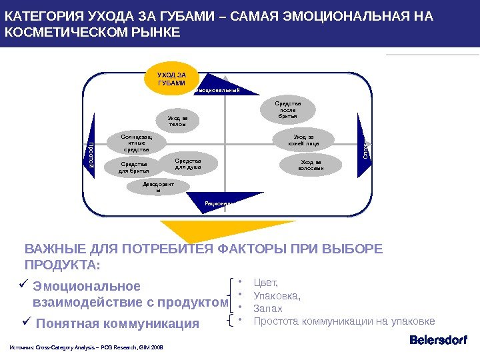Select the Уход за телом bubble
point(178,121)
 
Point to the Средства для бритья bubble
point(135,167)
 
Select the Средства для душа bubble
point(188,163)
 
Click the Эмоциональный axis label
point(217,89)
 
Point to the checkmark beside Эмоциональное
point(23,285)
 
